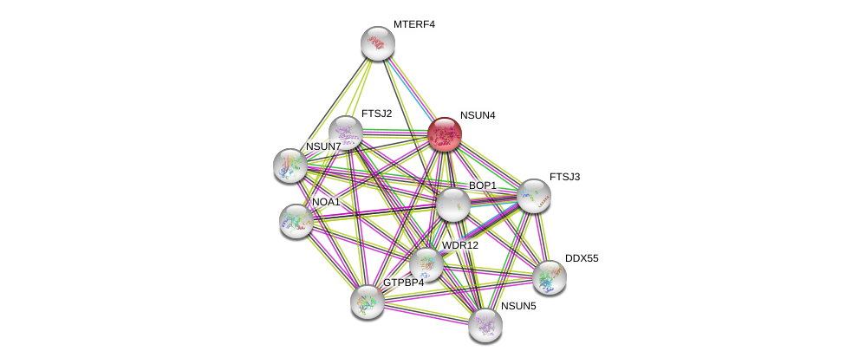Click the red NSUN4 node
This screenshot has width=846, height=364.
tap(444, 134)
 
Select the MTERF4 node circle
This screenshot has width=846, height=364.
tap(378, 43)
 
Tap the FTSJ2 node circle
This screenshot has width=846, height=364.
tap(345, 133)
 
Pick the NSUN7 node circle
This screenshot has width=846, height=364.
tap(290, 165)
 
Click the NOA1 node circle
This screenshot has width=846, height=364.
tap(296, 221)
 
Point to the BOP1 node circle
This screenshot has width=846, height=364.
tap(452, 205)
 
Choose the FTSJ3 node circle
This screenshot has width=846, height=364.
tap(533, 196)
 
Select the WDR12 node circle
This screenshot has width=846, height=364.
tap(426, 264)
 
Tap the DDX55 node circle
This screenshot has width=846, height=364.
tap(549, 277)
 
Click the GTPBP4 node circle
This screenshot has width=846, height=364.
tap(367, 302)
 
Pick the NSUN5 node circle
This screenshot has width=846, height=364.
tap(485, 325)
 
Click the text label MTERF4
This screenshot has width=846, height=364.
tap(413, 24)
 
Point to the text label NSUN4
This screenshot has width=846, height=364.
tap(478, 115)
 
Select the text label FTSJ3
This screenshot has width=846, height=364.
tap(564, 177)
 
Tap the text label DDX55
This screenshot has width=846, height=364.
tap(582, 258)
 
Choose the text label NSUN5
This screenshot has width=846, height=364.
tap(518, 306)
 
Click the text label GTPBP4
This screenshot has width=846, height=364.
tap(404, 283)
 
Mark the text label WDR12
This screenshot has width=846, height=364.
tap(459, 245)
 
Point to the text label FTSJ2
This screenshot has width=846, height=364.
tap(376, 114)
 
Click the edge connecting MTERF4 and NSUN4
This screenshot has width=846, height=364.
tap(411, 88)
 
